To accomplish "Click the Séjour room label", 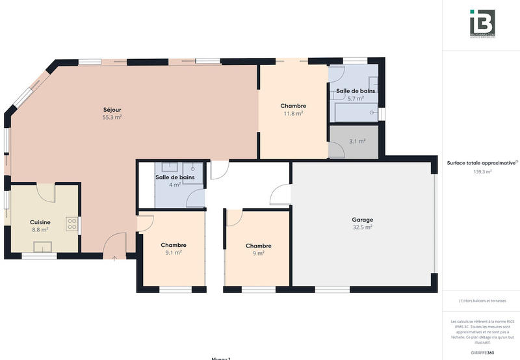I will point(112,109).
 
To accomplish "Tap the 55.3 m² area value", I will point(112,118).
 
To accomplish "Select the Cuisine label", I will point(40,222).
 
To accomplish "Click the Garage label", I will point(362,220).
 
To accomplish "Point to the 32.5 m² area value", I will point(362,227).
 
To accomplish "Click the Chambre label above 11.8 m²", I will point(293,105).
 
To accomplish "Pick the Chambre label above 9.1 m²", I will point(174,244).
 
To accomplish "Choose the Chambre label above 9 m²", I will point(258,246).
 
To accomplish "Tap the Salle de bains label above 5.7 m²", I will point(355,91).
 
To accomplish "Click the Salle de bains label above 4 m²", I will point(174,177).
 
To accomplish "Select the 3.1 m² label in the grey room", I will point(357,141).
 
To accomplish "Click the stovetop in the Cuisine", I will point(71,225).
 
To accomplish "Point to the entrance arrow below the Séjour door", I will point(115,259).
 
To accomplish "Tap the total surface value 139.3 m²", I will point(482,172).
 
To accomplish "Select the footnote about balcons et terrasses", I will point(482,301).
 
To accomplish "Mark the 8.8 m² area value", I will point(40,229).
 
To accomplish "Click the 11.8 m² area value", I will point(293,113).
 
